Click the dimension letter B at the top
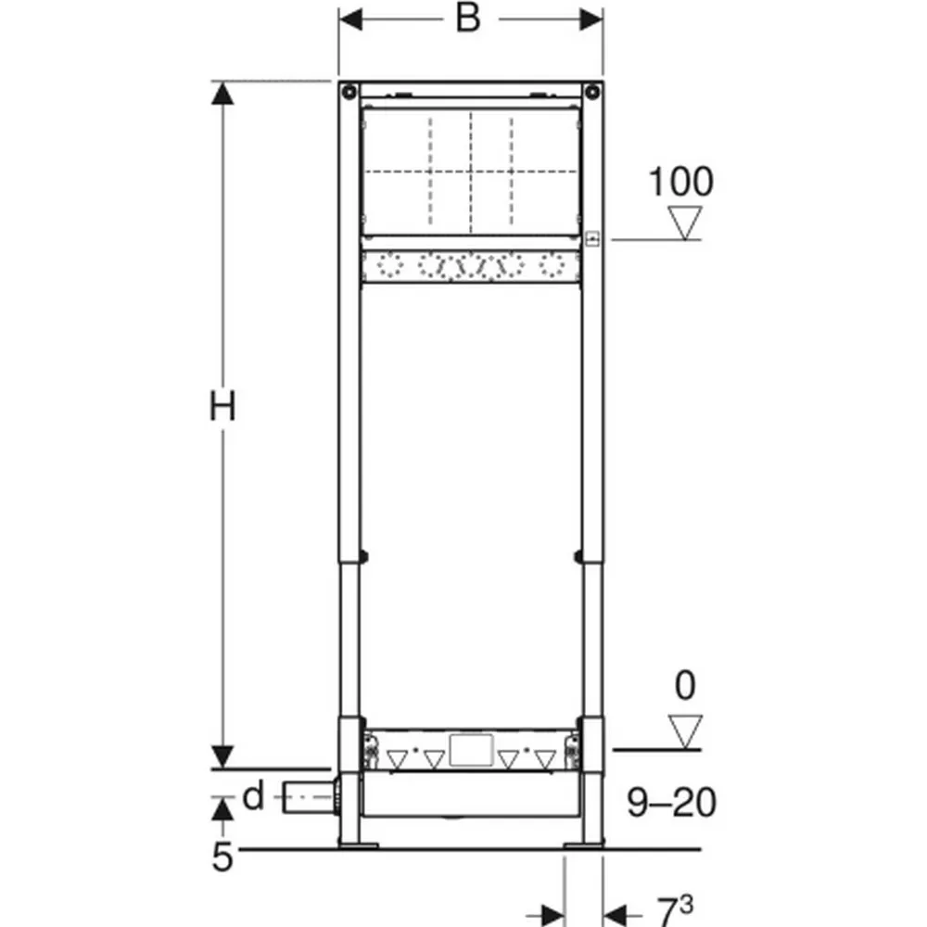click(467, 18)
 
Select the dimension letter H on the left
click(222, 406)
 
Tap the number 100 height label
click(681, 182)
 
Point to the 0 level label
click(685, 685)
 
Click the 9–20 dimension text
click(671, 802)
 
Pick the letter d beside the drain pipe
click(253, 795)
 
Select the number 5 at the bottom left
click(222, 857)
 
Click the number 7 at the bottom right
click(667, 912)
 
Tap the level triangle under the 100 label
click(685, 222)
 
